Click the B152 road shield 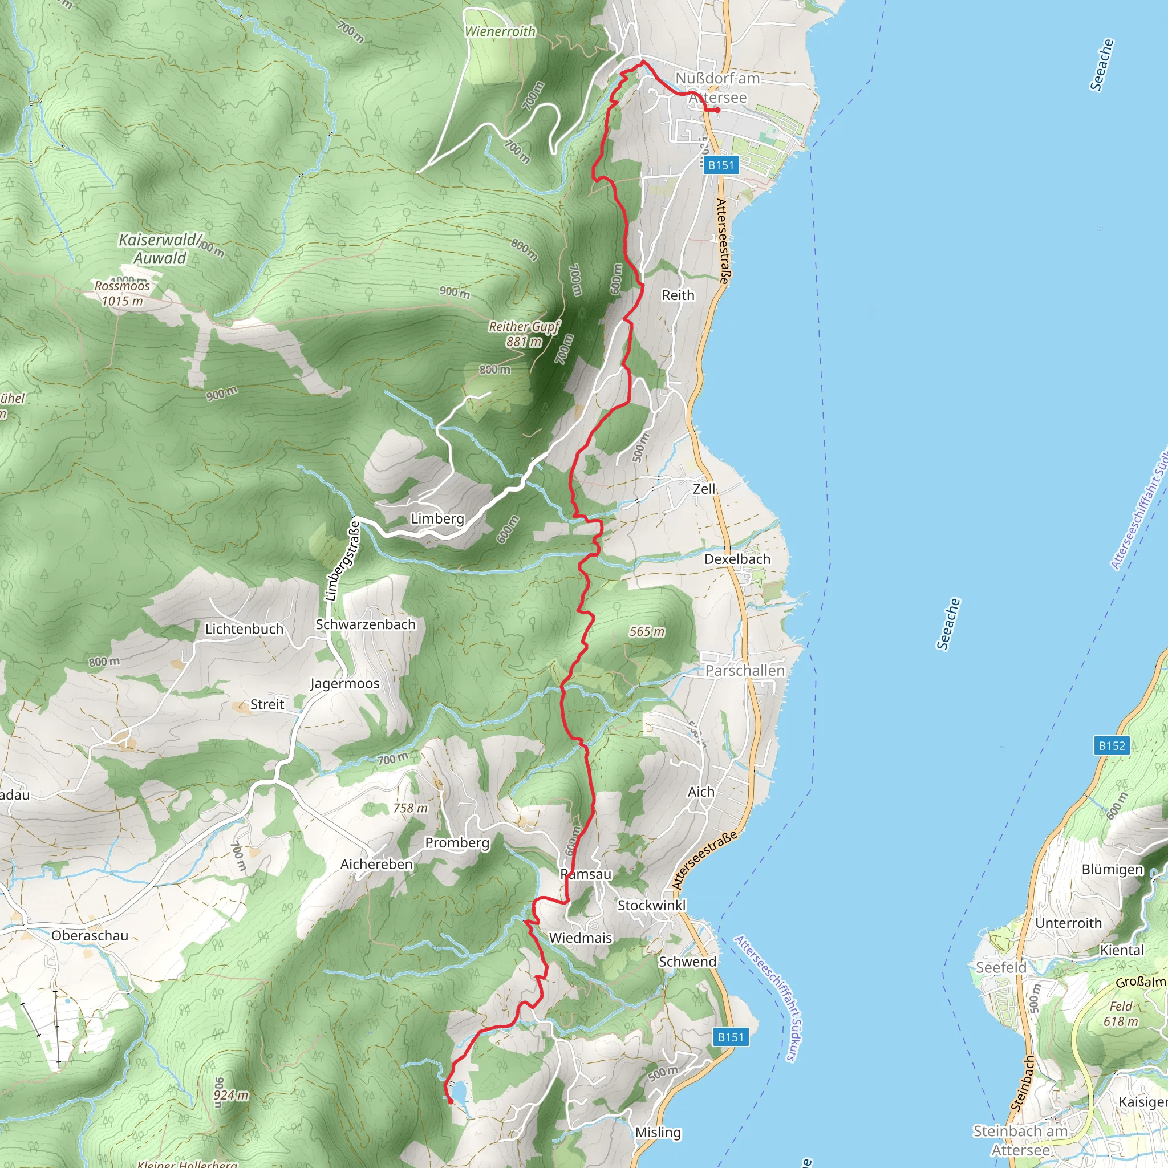pyautogui.click(x=1112, y=745)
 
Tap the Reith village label pyautogui.click(x=678, y=295)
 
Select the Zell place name pyautogui.click(x=704, y=489)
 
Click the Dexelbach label pyautogui.click(x=737, y=559)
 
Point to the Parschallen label pyautogui.click(x=745, y=671)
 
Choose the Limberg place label pyautogui.click(x=437, y=519)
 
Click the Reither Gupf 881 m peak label pyautogui.click(x=524, y=334)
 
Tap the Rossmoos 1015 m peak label pyautogui.click(x=122, y=293)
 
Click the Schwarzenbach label pyautogui.click(x=366, y=624)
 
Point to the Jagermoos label pyautogui.click(x=344, y=684)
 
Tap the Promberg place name pyautogui.click(x=457, y=843)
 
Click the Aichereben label pyautogui.click(x=376, y=865)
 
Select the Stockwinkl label pyautogui.click(x=652, y=905)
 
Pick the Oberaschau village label pyautogui.click(x=90, y=935)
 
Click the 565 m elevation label pyautogui.click(x=647, y=632)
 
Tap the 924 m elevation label pyautogui.click(x=231, y=1095)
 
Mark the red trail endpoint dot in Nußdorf pyautogui.click(x=717, y=111)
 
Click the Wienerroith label pyautogui.click(x=500, y=31)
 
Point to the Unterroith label pyautogui.click(x=1068, y=923)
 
